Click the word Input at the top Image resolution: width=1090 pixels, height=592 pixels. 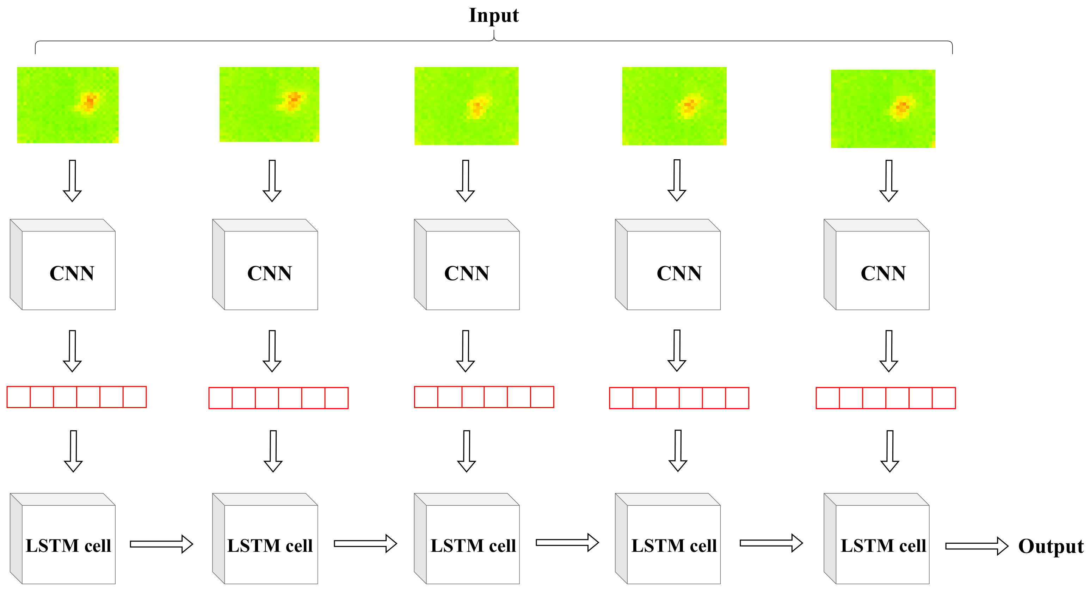tap(493, 16)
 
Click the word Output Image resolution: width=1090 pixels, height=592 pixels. tap(1051, 546)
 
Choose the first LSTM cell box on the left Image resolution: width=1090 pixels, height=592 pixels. tap(68, 544)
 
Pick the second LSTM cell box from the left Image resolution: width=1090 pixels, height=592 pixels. tap(270, 544)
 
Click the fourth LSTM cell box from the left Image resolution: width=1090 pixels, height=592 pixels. tap(673, 544)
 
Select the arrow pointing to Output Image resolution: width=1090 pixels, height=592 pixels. tap(977, 546)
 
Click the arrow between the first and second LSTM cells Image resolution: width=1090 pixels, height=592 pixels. tap(161, 544)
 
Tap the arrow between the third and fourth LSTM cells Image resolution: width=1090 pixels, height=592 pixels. tap(567, 542)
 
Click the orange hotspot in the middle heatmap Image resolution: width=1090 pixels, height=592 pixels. tap(477, 106)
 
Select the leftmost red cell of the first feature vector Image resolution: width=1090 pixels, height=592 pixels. tap(19, 397)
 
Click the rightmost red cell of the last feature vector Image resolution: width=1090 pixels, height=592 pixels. tap(944, 398)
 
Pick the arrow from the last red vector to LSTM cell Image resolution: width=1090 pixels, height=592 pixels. tap(890, 451)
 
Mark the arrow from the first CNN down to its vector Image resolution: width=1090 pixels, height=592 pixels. tap(72, 351)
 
